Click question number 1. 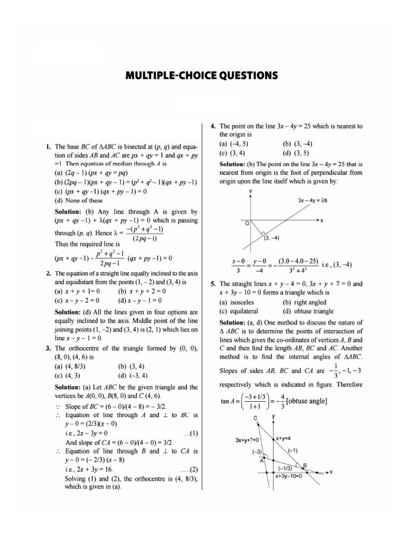coord(48,147)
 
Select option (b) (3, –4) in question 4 coord(298,143)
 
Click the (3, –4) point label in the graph coord(271,237)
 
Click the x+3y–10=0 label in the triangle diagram coord(289,475)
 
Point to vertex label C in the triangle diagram coord(256,418)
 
